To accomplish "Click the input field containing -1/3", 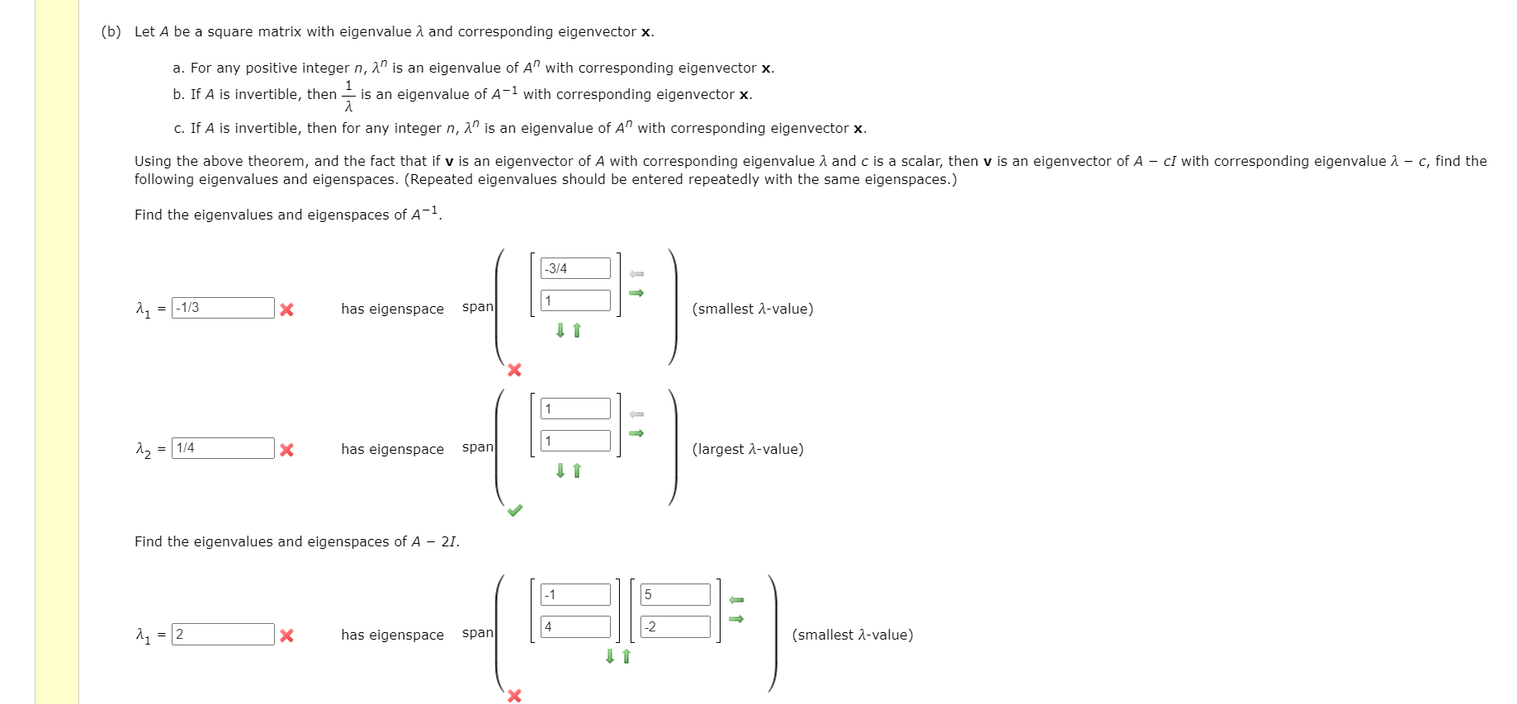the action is point(223,308).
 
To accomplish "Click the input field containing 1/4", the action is point(223,448).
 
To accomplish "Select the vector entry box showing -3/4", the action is point(575,268).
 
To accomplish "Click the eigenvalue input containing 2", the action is point(223,634).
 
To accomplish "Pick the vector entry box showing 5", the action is point(675,594).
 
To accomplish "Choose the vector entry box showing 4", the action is point(575,626).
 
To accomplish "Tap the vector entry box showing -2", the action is point(675,626).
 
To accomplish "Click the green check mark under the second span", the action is point(515,510).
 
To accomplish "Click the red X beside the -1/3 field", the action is point(286,309).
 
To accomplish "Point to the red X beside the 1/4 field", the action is point(286,450).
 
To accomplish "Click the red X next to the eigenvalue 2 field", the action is point(286,635).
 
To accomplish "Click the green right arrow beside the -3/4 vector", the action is point(636,293).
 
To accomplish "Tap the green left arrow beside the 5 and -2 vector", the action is point(736,600).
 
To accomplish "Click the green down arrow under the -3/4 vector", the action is point(560,330).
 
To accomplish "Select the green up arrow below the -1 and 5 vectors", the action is point(626,656).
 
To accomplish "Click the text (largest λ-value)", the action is point(748,449).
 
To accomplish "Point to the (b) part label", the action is point(111,31).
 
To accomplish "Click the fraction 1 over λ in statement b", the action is point(348,96).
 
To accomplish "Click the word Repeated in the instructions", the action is point(440,179).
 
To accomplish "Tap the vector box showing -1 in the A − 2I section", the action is point(575,594).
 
